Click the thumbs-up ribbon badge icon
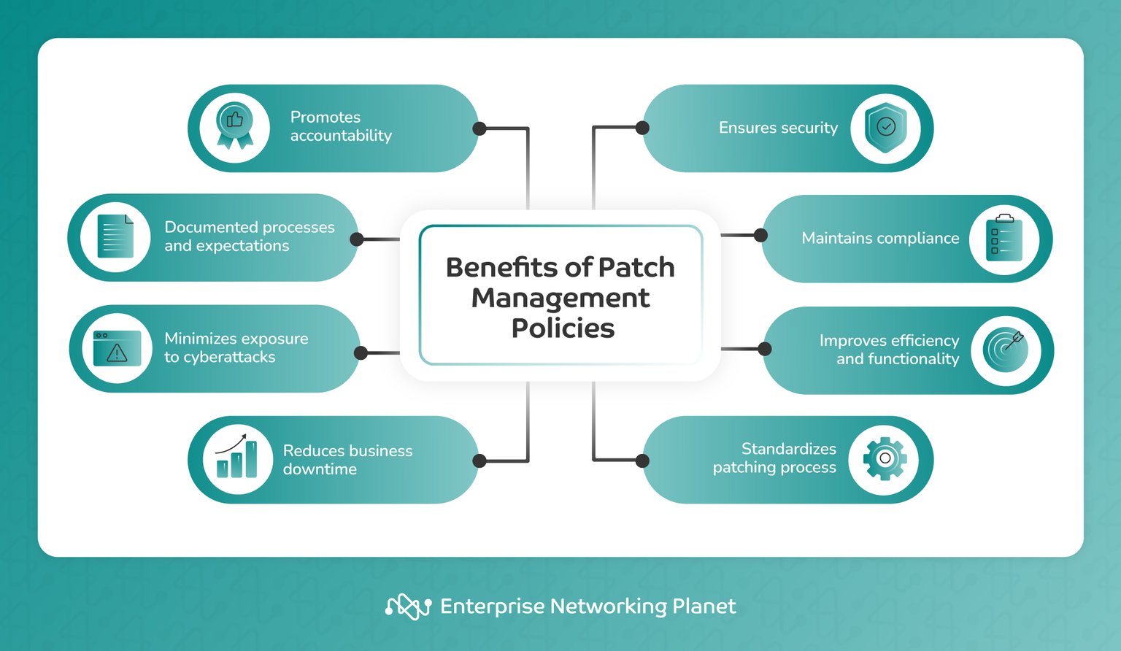pyautogui.click(x=235, y=126)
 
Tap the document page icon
pyautogui.click(x=117, y=236)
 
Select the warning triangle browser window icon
pyautogui.click(x=117, y=348)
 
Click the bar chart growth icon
pyautogui.click(x=236, y=457)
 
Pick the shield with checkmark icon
pyautogui.click(x=885, y=128)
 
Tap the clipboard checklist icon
pyautogui.click(x=1004, y=237)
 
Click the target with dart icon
pyautogui.click(x=1006, y=349)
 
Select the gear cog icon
pyautogui.click(x=885, y=458)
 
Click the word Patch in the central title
pyautogui.click(x=636, y=267)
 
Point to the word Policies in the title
pyautogui.click(x=563, y=328)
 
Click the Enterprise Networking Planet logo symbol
pyautogui.click(x=408, y=606)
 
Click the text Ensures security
pyautogui.click(x=778, y=128)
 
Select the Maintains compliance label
pyautogui.click(x=880, y=238)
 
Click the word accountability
pyautogui.click(x=341, y=136)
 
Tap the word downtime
pyautogui.click(x=320, y=469)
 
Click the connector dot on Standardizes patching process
pyautogui.click(x=642, y=461)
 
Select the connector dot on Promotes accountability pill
pyautogui.click(x=479, y=128)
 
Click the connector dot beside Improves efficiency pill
pyautogui.click(x=765, y=349)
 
